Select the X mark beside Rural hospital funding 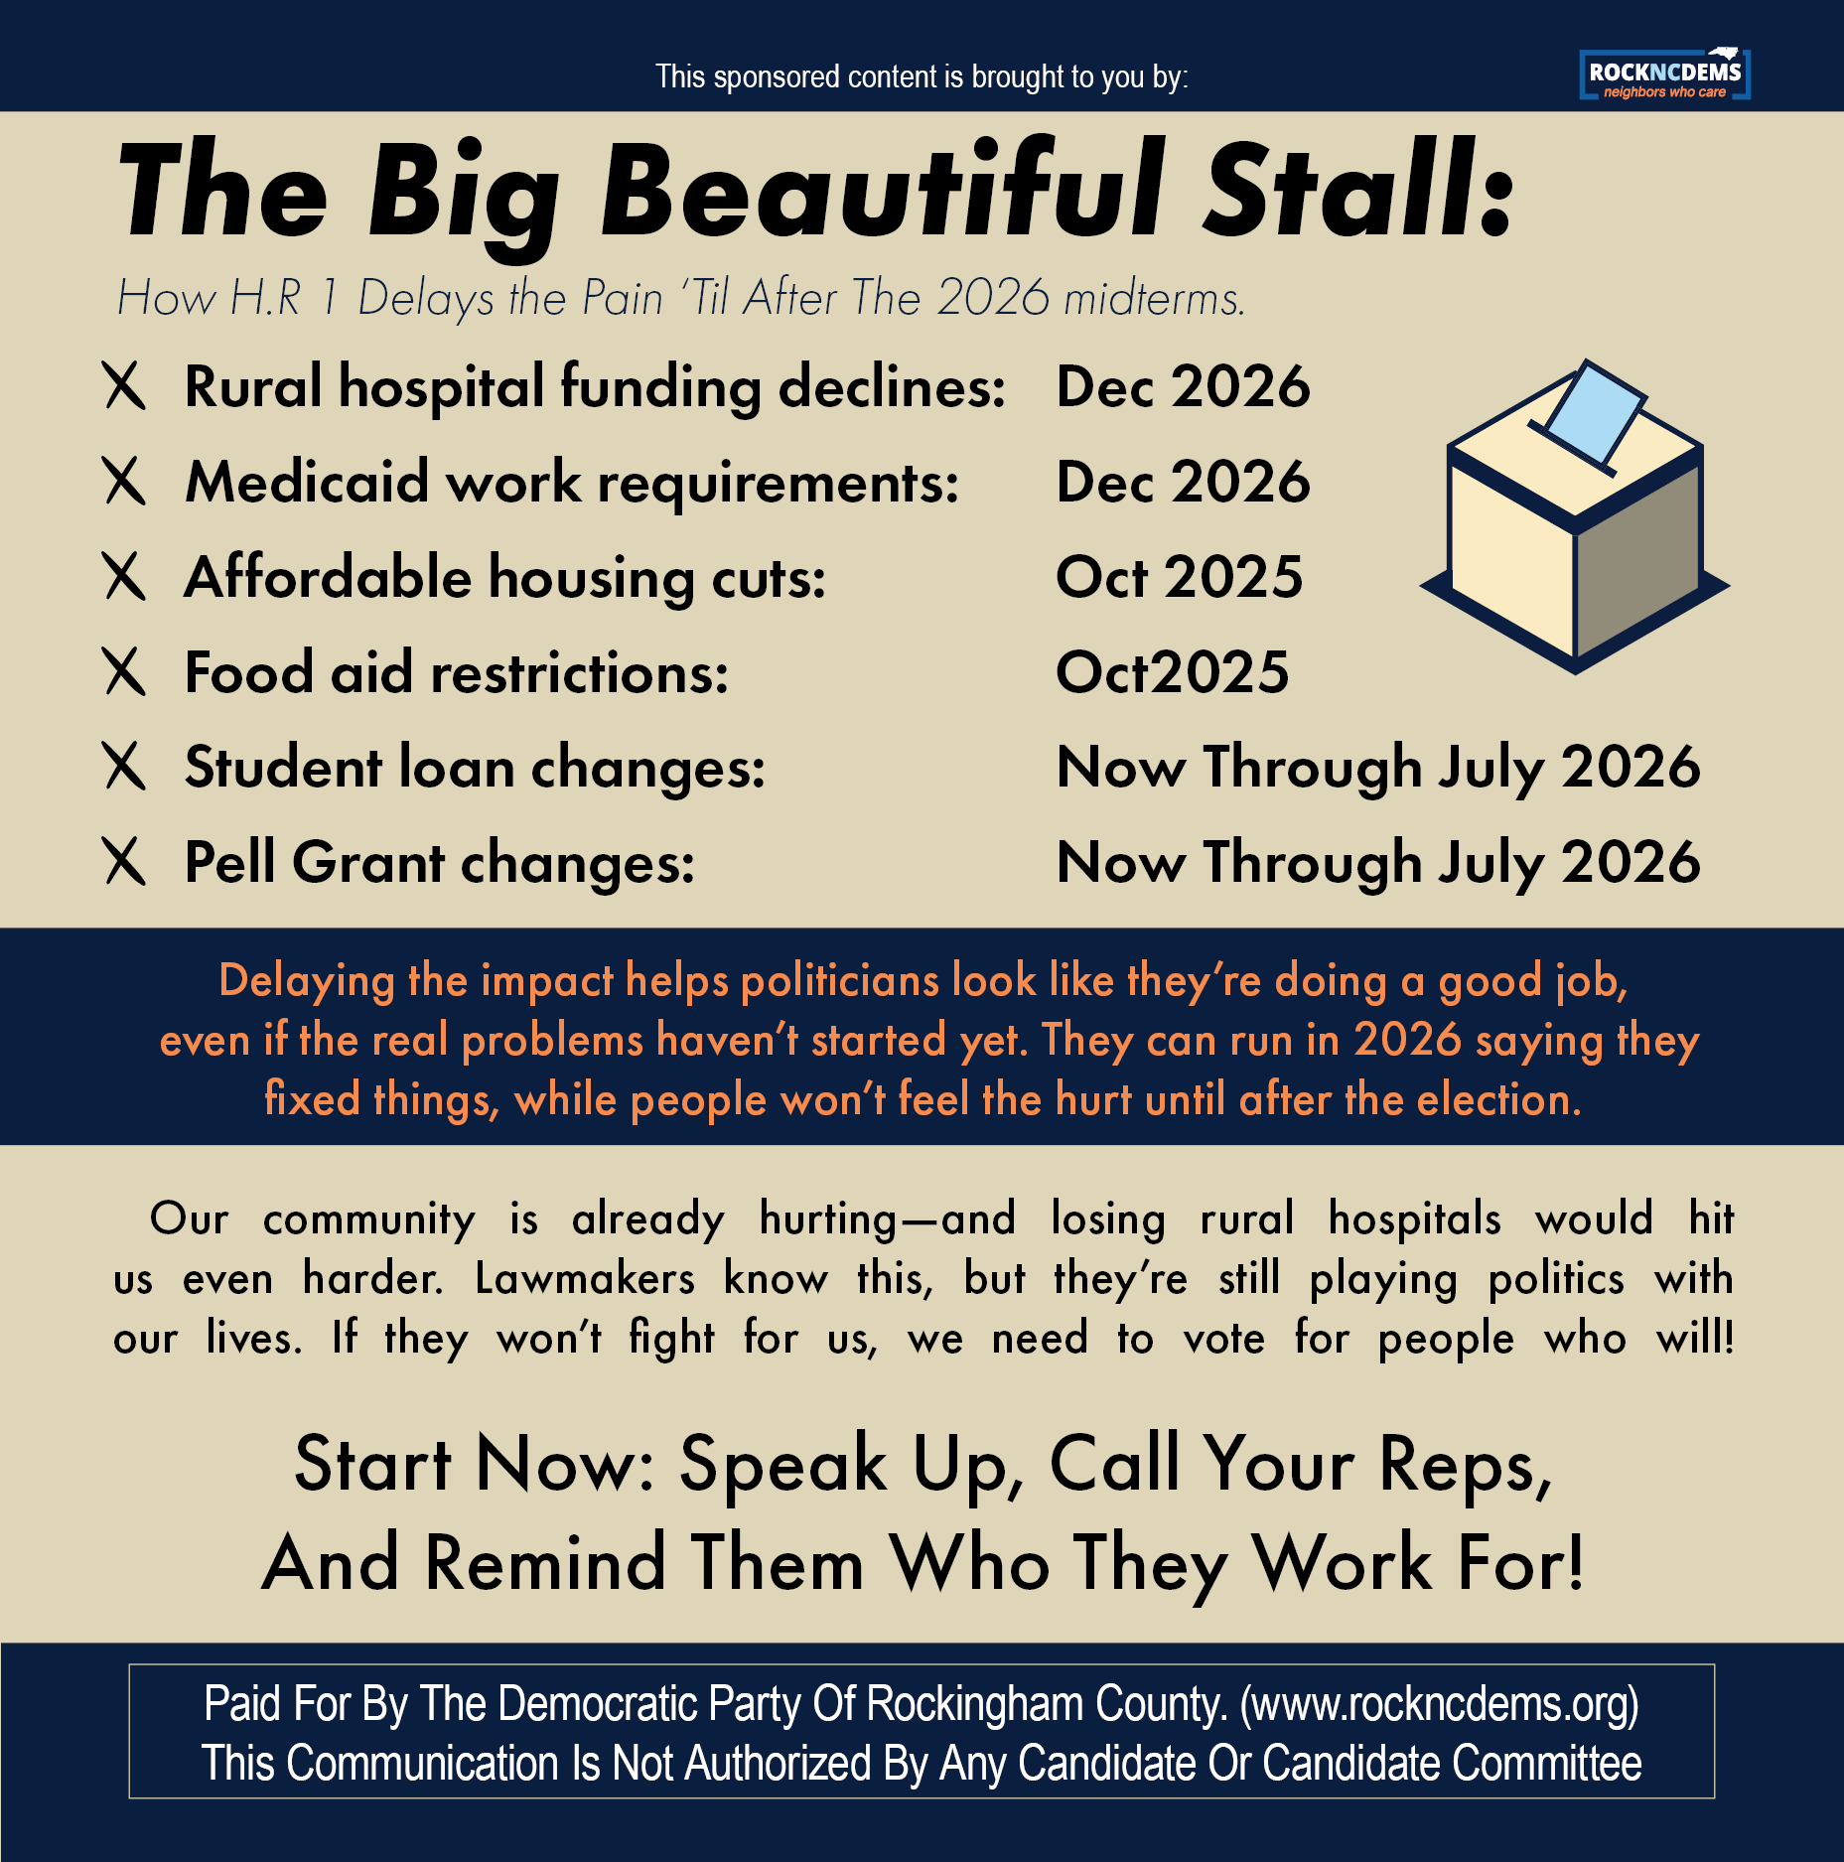tap(125, 386)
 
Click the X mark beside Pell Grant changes tap(125, 861)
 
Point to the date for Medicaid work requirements tap(1183, 483)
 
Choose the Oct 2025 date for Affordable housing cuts tap(1179, 578)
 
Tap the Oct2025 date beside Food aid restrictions tap(1172, 672)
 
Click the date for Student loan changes tap(1378, 768)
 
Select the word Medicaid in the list tap(307, 483)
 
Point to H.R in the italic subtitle tap(265, 298)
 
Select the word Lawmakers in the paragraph tap(585, 1279)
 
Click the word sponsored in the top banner tap(777, 76)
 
